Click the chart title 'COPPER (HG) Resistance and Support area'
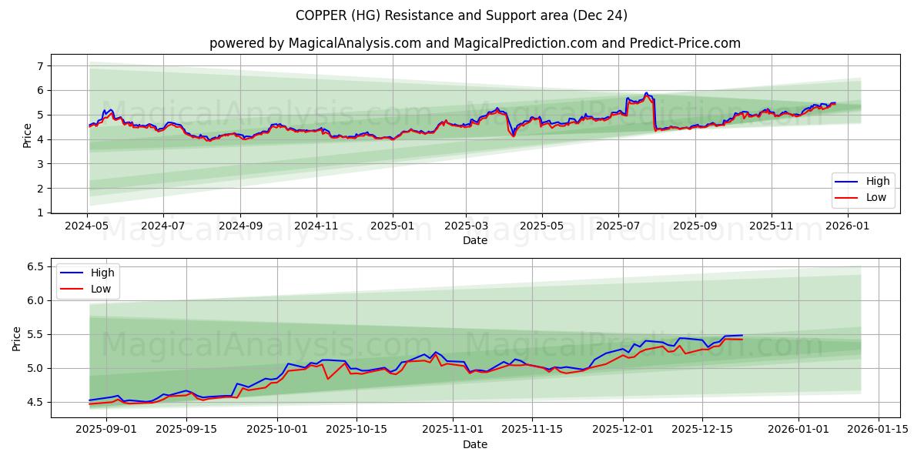point(462,15)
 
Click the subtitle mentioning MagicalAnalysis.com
point(474,43)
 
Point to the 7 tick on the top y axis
point(40,66)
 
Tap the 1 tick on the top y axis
point(40,213)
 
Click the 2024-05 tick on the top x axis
point(87,226)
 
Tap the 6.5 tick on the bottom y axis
point(34,266)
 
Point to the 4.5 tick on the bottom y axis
point(34,402)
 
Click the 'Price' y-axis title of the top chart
point(28,136)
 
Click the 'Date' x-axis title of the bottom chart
point(474,445)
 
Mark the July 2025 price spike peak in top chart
point(647,93)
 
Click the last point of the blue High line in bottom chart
point(742,335)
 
